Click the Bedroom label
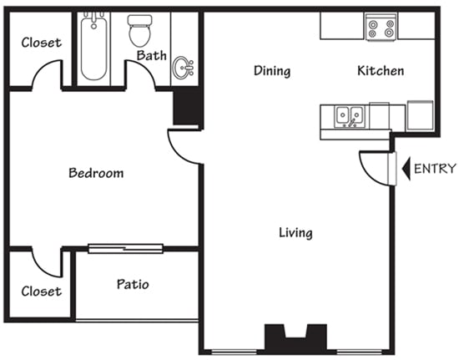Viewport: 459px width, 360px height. coord(96,174)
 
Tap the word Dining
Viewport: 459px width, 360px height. coord(272,71)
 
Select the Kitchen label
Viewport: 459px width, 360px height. coord(381,71)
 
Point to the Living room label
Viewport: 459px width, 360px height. coord(295,232)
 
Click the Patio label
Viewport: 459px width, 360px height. coord(133,284)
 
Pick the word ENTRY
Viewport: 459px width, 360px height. coord(435,169)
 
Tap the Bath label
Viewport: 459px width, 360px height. coord(152,56)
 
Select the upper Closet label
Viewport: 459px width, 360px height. coord(41,42)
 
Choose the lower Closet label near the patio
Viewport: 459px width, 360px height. coord(41,292)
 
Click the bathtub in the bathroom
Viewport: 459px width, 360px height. coord(93,48)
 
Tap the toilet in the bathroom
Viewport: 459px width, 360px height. coord(139,30)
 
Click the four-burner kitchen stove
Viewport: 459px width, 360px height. coord(381,28)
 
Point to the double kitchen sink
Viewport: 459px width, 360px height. coord(350,116)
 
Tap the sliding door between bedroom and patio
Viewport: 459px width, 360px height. coord(125,247)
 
